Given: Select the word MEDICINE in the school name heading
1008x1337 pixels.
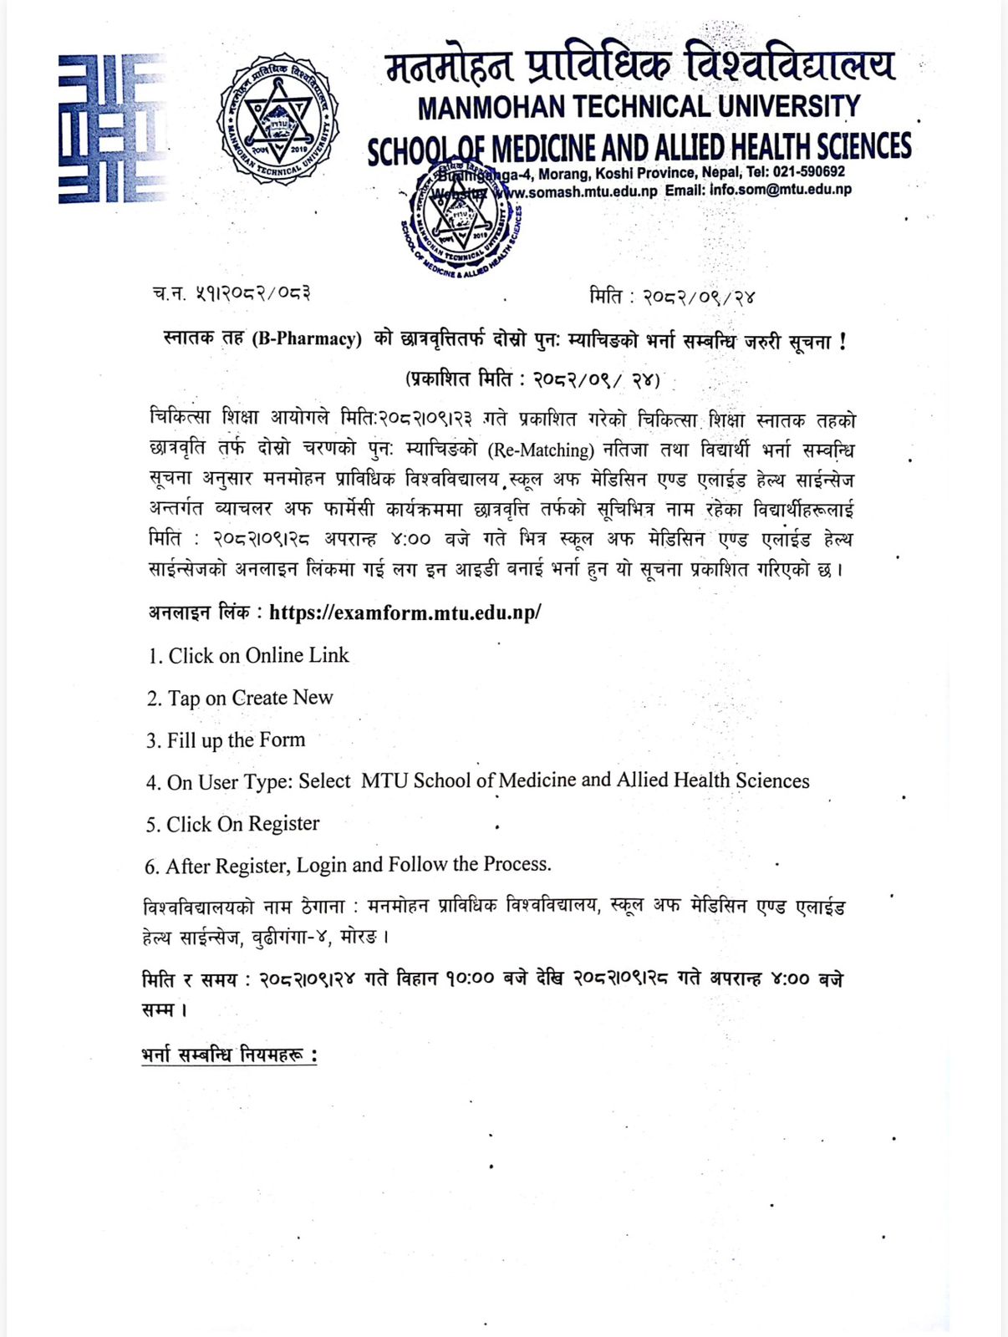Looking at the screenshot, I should click(543, 149).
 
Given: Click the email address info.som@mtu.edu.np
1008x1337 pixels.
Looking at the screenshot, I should click(781, 190).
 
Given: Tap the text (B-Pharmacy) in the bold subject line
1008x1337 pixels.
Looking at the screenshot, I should click(307, 339).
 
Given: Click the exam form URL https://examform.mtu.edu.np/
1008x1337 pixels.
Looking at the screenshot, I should click(405, 613).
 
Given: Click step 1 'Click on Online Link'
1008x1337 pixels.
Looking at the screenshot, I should click(248, 656).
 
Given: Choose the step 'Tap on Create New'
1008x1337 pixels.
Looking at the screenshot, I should click(240, 698).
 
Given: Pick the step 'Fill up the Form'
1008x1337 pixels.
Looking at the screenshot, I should click(226, 740).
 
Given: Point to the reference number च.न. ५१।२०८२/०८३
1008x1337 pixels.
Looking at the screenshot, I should click(232, 293).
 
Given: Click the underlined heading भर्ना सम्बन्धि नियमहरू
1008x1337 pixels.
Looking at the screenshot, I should click(229, 1055).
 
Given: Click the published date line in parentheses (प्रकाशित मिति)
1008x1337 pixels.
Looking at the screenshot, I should click(533, 379).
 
